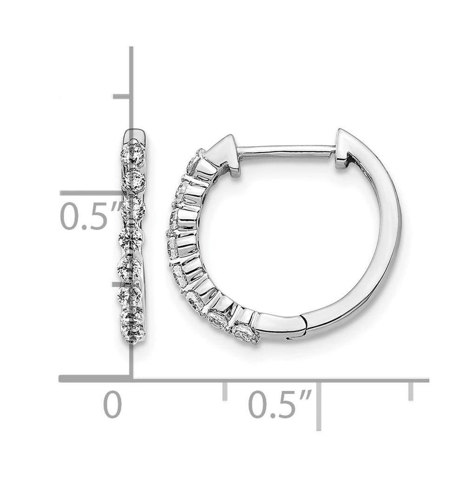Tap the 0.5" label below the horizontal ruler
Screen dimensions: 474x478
[280, 405]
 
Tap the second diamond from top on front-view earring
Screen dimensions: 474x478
[134, 181]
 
